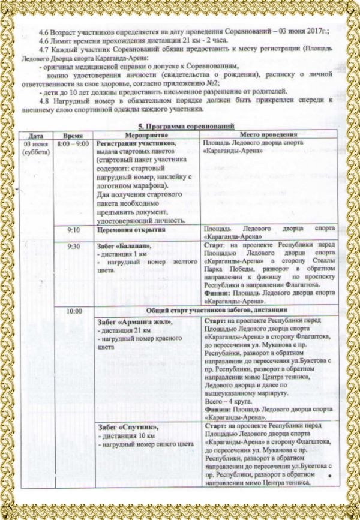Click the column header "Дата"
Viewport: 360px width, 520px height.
click(x=35, y=136)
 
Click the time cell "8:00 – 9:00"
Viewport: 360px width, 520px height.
click(x=73, y=145)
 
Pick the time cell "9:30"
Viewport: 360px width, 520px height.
click(x=74, y=246)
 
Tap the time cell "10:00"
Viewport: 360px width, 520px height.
click(x=74, y=311)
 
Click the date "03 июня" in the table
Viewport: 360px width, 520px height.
click(x=35, y=145)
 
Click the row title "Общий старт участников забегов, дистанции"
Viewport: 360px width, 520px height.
click(x=210, y=311)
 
